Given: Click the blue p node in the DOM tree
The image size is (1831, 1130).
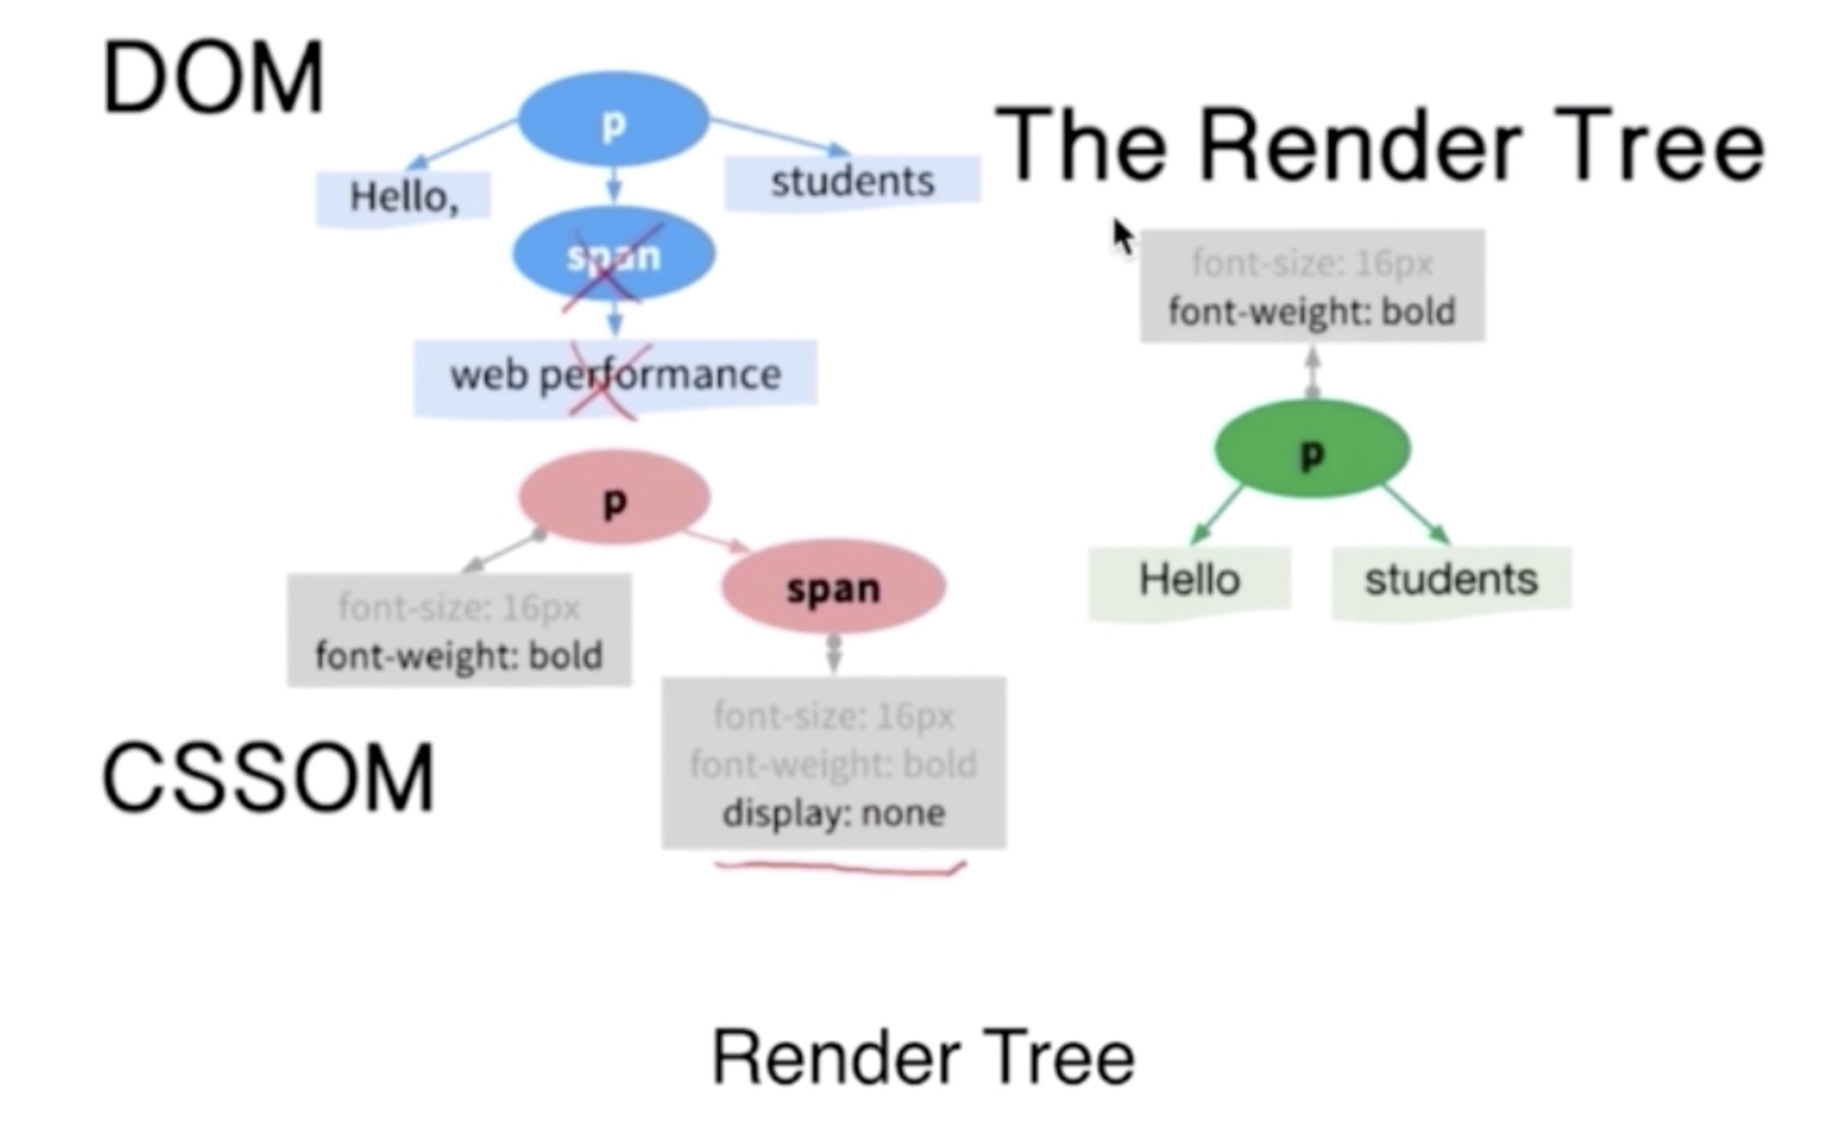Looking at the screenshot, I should pos(613,120).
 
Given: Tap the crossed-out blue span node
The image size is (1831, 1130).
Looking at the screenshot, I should pos(613,255).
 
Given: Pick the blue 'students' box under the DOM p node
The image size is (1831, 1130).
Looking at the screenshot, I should pos(852,181).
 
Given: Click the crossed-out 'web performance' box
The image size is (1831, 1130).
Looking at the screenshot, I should pos(615,375).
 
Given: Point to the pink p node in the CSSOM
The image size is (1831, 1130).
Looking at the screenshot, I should pos(614,498).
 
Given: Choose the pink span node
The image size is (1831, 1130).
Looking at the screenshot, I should pos(833,588).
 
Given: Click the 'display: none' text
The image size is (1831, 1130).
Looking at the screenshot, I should pos(833,813).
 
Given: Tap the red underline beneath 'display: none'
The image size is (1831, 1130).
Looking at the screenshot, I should pos(840,867).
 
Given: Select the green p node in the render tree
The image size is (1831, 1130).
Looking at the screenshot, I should pos(1312,450).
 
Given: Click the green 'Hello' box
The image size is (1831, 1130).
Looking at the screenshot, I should pos(1189,579).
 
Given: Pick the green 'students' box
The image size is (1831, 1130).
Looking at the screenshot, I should pos(1451,579).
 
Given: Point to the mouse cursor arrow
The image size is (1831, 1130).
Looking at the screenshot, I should pos(1122,236).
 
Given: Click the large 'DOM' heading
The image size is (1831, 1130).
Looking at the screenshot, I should pos(213,79).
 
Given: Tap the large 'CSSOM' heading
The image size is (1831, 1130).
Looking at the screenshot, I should pos(267,778).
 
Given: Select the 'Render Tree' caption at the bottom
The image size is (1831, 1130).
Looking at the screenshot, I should pos(923,1058).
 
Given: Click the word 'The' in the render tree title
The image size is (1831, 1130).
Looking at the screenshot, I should pos(1080,147).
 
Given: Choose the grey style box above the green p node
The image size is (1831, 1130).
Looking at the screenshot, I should pos(1312,285).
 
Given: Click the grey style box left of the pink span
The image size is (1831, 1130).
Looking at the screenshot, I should pos(459,630).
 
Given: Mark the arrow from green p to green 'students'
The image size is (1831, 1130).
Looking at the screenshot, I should pos(1416,515).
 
